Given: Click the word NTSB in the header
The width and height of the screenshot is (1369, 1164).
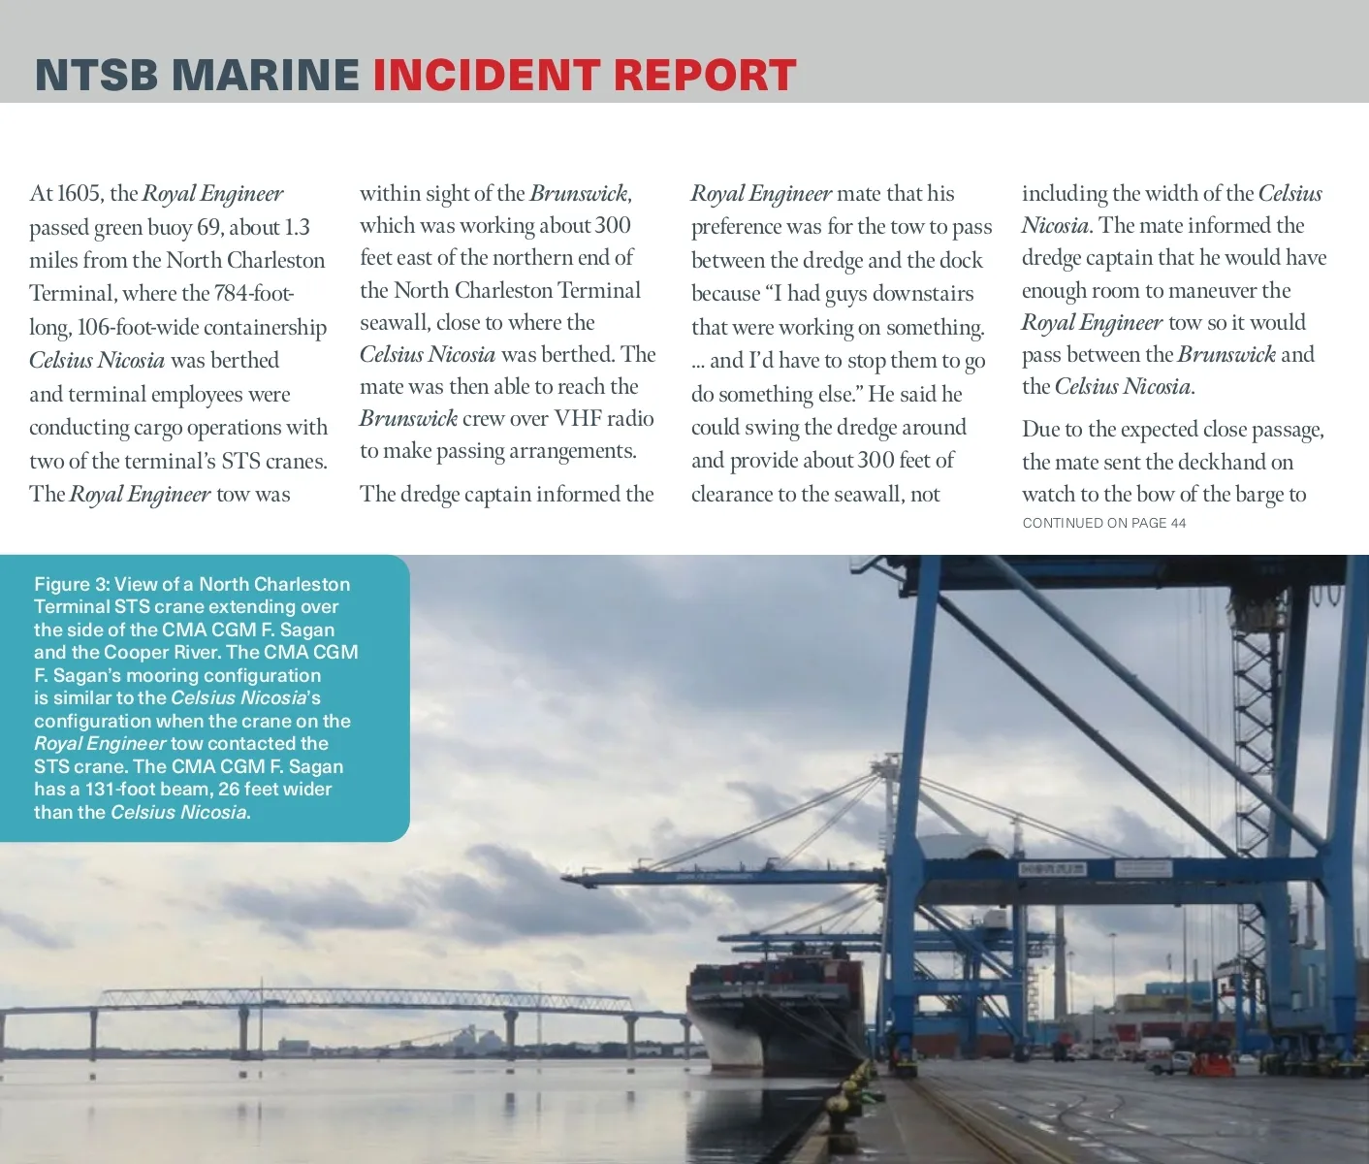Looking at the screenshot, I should tap(95, 76).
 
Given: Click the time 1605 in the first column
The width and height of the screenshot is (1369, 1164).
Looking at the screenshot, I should tap(80, 194).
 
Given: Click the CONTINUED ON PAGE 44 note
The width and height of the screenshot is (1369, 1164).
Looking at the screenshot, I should tap(1103, 523).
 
